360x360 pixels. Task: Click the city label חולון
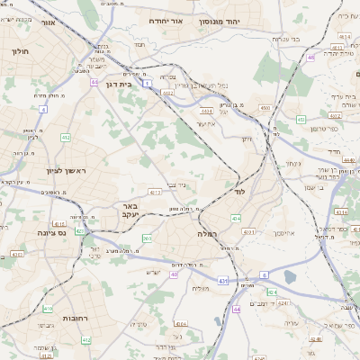20,51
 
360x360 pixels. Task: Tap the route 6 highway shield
265,274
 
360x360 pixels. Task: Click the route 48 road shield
310,58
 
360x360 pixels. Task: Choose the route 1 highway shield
146,82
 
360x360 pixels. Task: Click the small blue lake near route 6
290,277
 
